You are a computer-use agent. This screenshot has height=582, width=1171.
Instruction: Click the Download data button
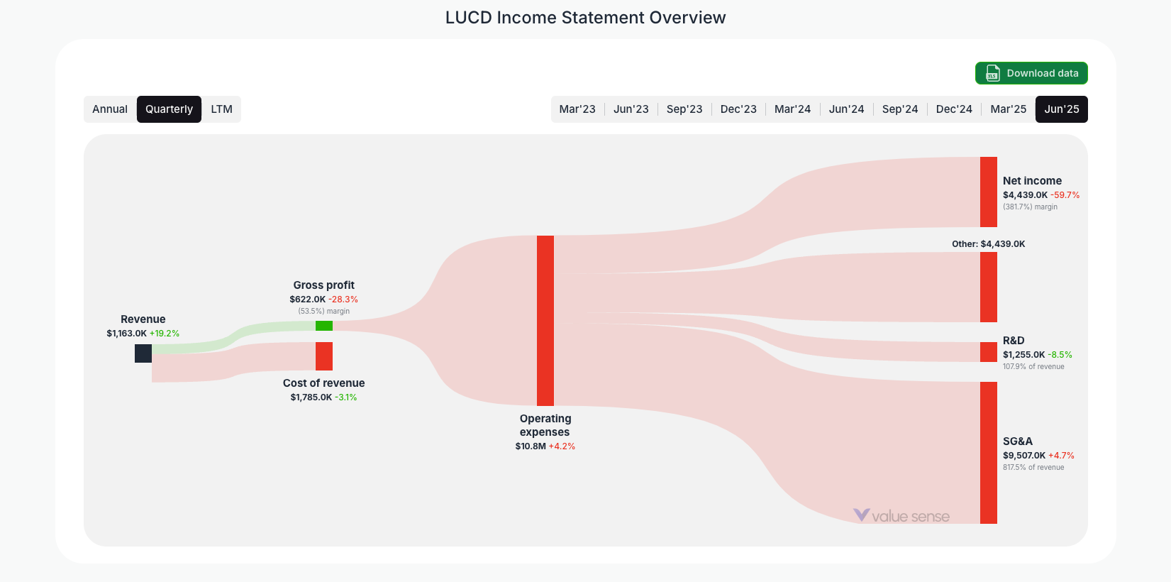tap(1031, 73)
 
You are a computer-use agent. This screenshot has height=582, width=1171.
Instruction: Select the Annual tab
tap(110, 109)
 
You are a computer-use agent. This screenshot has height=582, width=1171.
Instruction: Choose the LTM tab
tap(221, 109)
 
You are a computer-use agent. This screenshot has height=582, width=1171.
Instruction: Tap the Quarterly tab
tap(169, 109)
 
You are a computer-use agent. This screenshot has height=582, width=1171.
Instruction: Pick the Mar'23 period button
tap(577, 109)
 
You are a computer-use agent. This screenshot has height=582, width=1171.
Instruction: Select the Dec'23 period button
tap(738, 109)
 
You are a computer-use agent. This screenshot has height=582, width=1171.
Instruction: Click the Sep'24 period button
tap(900, 109)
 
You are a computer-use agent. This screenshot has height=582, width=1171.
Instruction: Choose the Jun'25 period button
tap(1062, 109)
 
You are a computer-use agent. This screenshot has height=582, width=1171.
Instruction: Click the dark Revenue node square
tap(143, 353)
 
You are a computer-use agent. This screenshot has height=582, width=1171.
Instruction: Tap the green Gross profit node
tap(324, 326)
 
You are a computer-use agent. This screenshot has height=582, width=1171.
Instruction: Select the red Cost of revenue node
tap(324, 356)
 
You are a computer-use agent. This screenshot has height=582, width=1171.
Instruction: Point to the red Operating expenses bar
tap(545, 321)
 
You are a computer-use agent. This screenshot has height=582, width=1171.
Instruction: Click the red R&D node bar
tap(989, 352)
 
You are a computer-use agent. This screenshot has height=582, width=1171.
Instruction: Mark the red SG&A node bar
tap(989, 453)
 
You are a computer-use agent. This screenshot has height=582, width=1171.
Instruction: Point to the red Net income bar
tap(989, 192)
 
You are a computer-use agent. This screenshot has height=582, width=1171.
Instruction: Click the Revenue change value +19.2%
tap(165, 334)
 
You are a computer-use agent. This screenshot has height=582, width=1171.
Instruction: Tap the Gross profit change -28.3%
tap(343, 300)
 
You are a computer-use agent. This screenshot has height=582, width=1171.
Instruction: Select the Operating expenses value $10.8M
tap(531, 446)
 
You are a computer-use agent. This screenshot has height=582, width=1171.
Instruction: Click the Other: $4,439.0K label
tap(988, 244)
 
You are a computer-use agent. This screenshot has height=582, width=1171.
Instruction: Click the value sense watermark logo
tap(901, 516)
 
